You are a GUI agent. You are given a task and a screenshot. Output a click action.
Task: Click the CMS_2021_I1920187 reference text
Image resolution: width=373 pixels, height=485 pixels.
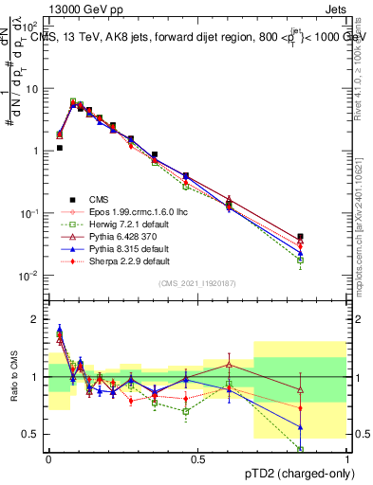click(x=197, y=283)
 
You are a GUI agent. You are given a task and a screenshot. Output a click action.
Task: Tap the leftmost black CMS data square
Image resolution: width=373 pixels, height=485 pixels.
click(x=59, y=148)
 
